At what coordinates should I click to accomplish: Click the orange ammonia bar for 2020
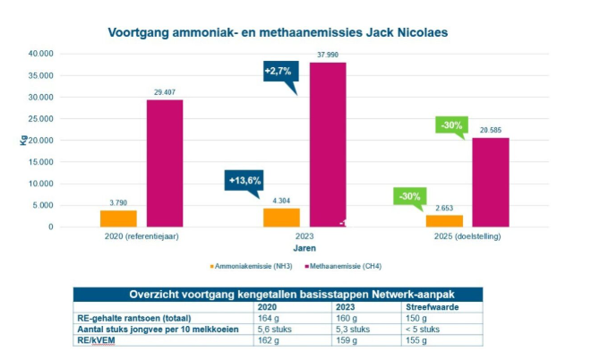pyautogui.click(x=118, y=219)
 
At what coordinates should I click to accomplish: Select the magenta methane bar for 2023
pyautogui.click(x=327, y=143)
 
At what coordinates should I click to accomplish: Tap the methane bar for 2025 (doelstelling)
pyautogui.click(x=491, y=182)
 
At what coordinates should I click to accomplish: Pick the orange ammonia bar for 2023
pyautogui.click(x=280, y=217)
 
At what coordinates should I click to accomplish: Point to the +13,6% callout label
pyautogui.click(x=244, y=180)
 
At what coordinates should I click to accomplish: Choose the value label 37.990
pyautogui.click(x=329, y=55)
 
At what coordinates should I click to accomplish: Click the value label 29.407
pyautogui.click(x=165, y=91)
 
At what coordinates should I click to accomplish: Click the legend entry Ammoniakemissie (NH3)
pyautogui.click(x=260, y=266)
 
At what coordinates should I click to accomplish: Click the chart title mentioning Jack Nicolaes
pyautogui.click(x=278, y=33)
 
